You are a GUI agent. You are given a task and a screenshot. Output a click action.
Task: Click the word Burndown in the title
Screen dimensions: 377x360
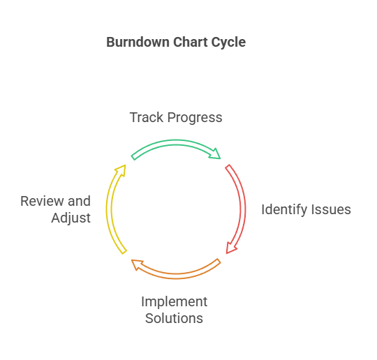[x=138, y=43]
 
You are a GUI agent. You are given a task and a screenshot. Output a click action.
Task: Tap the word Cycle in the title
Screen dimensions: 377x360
[x=229, y=43]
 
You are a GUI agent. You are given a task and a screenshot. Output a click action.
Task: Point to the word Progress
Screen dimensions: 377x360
[x=195, y=119]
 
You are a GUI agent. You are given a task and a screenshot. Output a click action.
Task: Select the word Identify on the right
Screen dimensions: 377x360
[x=283, y=210]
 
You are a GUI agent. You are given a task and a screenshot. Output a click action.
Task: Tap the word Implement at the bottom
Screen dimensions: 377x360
[x=175, y=302]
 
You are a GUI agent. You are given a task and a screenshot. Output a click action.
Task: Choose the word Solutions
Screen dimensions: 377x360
[x=174, y=318]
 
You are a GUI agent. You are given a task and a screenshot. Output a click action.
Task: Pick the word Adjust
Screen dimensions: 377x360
[x=71, y=218]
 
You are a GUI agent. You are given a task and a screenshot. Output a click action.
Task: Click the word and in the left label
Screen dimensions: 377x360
[x=79, y=201]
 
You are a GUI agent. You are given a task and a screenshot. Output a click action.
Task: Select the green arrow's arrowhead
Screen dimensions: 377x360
[x=215, y=154]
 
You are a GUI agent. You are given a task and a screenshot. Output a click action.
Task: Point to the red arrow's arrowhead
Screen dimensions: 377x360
[x=231, y=248]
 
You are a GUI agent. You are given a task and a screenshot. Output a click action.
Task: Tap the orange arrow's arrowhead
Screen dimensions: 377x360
[x=137, y=264]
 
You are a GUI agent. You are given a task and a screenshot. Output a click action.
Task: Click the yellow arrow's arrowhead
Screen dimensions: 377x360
[x=121, y=170]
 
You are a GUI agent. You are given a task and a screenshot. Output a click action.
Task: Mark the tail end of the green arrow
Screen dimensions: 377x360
[x=133, y=158]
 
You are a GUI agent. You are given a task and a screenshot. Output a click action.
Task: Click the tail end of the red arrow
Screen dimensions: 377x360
[x=228, y=167]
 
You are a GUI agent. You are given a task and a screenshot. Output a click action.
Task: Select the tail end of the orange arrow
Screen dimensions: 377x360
[x=219, y=261]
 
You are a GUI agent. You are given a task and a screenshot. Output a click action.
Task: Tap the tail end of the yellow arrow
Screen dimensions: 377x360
[x=124, y=252]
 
